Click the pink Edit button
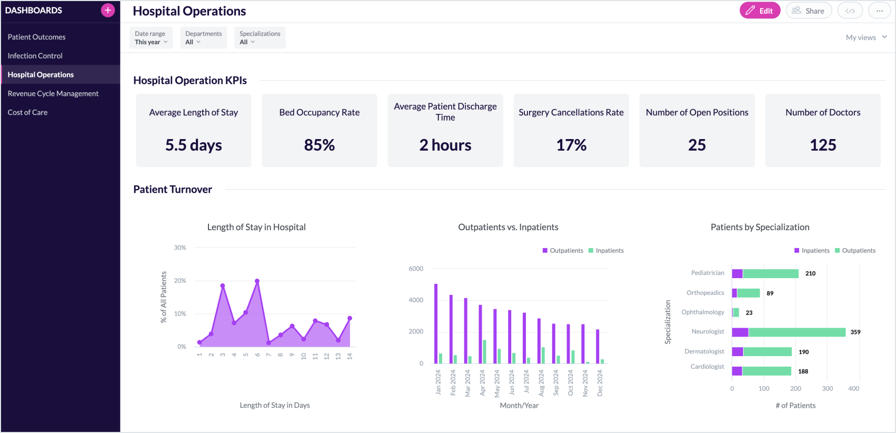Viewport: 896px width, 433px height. [759, 11]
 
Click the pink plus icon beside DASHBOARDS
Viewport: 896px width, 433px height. [108, 10]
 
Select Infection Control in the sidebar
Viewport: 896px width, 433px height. [35, 56]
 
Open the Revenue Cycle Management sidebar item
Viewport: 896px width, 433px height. [53, 93]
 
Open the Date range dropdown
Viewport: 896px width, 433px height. [151, 38]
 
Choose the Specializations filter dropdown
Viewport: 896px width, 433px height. [260, 38]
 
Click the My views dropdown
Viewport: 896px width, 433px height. [866, 37]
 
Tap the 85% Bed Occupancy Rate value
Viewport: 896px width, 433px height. [319, 145]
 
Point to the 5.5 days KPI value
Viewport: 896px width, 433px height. [193, 145]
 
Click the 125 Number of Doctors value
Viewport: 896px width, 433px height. [822, 145]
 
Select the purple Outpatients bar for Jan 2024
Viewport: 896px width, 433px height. [436, 324]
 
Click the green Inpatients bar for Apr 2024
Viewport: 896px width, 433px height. [484, 352]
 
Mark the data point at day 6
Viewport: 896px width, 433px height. [257, 281]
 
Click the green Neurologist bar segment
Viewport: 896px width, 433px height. [797, 332]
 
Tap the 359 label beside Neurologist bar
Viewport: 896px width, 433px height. [855, 332]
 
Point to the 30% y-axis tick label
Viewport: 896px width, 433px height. [180, 248]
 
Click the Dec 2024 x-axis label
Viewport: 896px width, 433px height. [600, 383]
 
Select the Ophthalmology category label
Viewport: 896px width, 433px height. [702, 312]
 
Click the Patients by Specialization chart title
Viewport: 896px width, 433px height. [760, 227]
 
